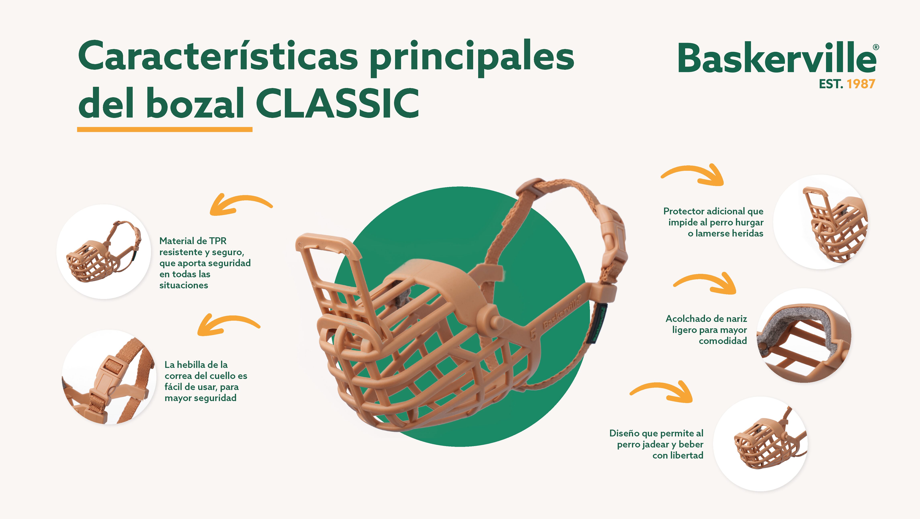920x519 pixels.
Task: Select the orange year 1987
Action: [861, 84]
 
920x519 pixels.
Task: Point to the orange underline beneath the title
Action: [165, 129]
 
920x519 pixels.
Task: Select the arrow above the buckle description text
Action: [228, 325]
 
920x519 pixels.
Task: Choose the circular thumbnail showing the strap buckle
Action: [109, 377]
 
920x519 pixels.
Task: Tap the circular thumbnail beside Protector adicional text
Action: [820, 222]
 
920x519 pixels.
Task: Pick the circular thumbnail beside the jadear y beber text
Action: [760, 444]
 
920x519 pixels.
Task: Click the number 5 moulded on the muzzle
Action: [533, 334]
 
